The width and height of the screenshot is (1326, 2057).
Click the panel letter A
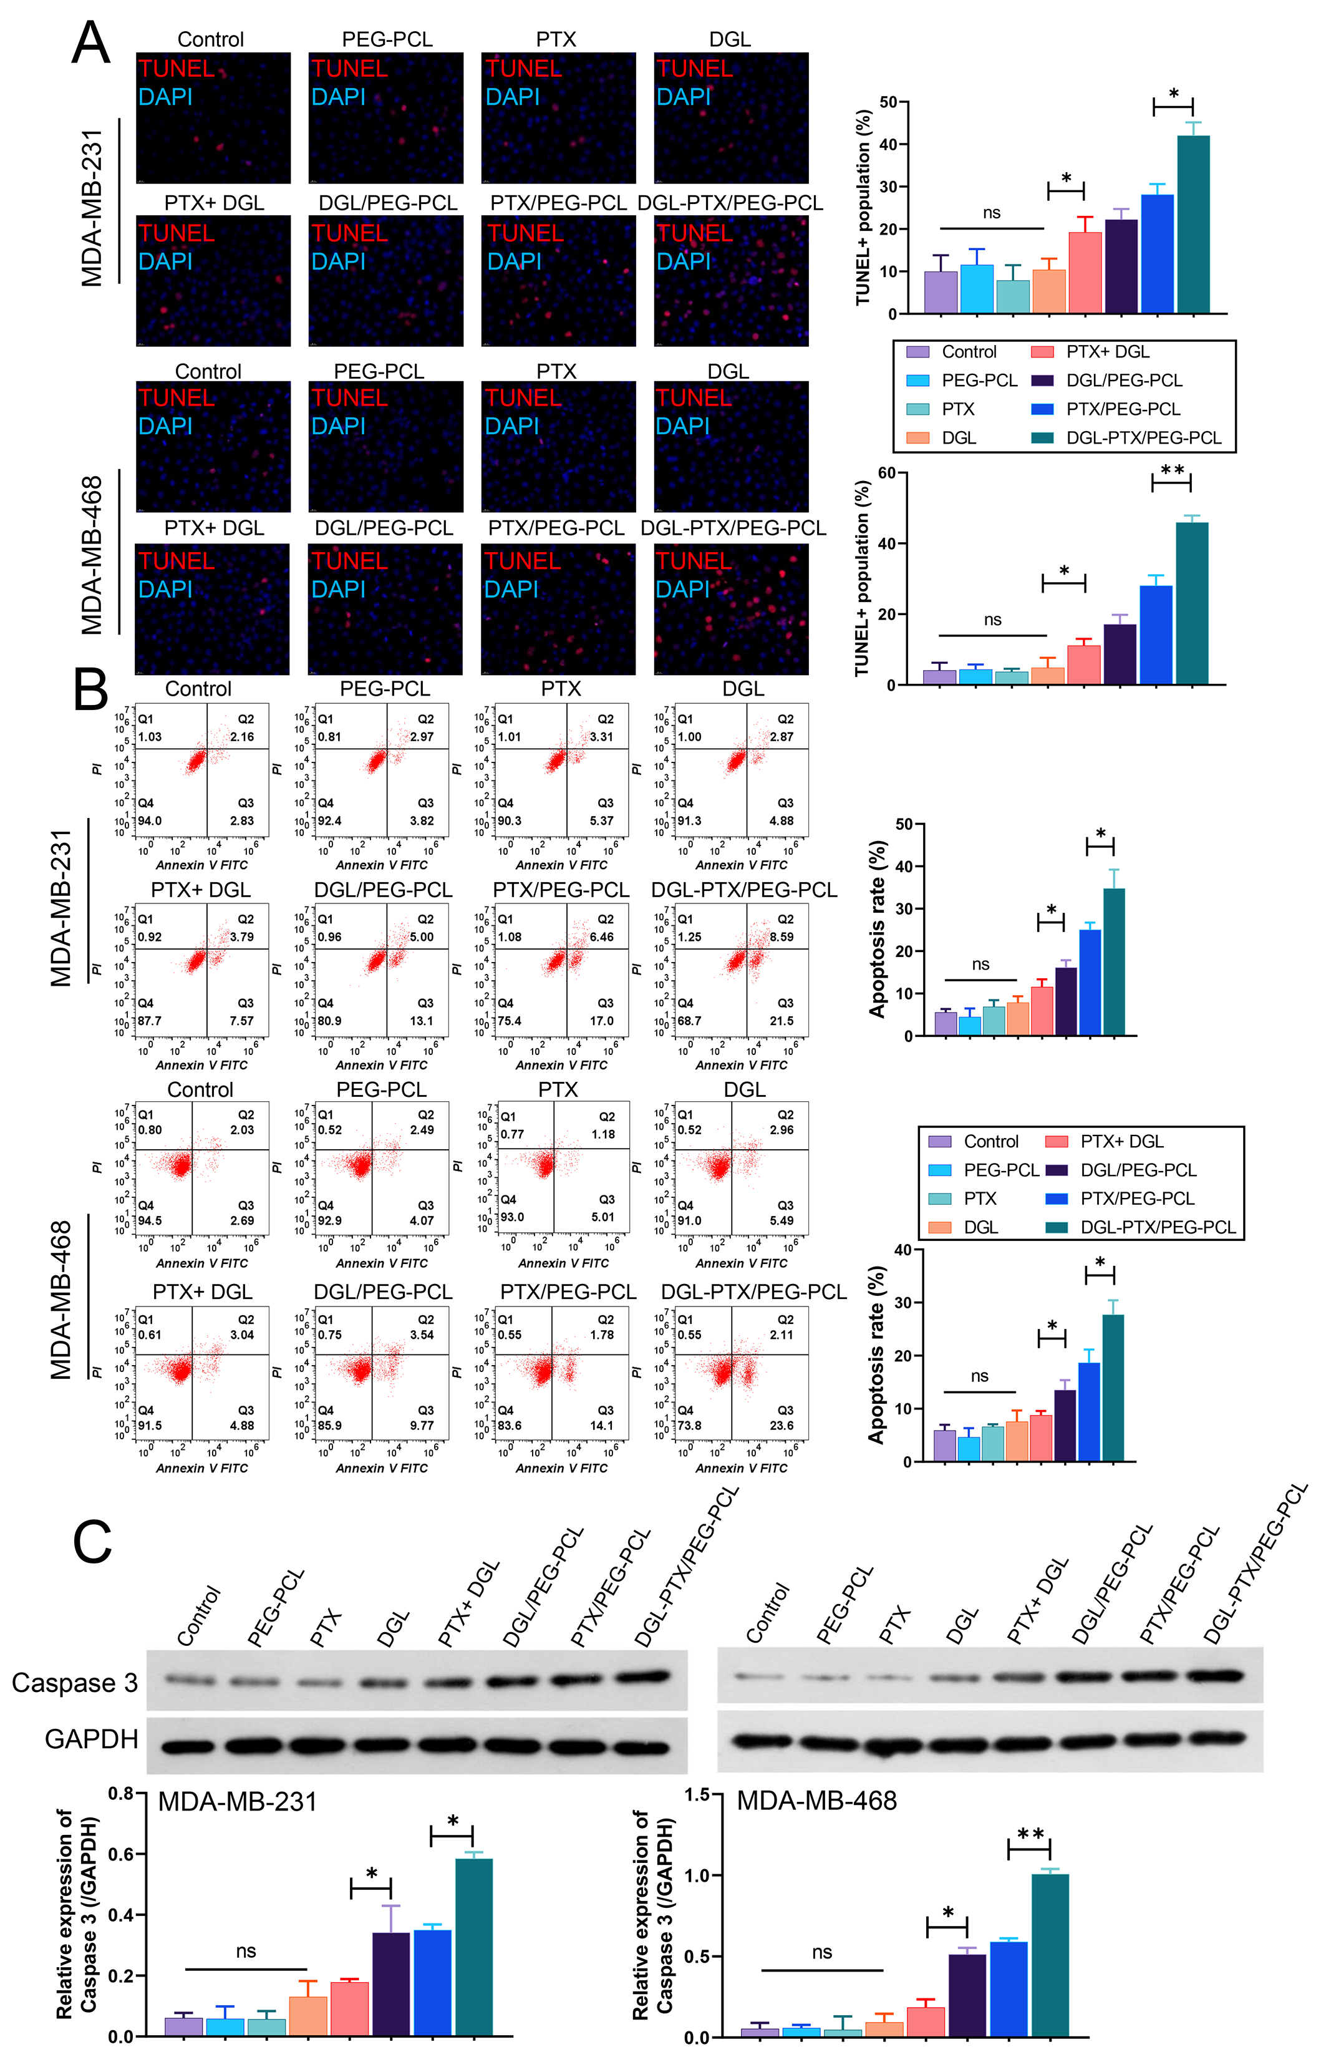coord(90,43)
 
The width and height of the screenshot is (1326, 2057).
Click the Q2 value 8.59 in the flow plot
coord(781,937)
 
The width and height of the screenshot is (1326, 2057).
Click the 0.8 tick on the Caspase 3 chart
coord(122,1794)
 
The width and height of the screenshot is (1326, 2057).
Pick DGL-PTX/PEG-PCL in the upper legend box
coord(1143,437)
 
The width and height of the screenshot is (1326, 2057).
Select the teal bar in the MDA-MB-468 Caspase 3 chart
coord(1050,1955)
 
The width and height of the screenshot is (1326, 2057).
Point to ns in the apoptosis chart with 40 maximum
coord(979,1376)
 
